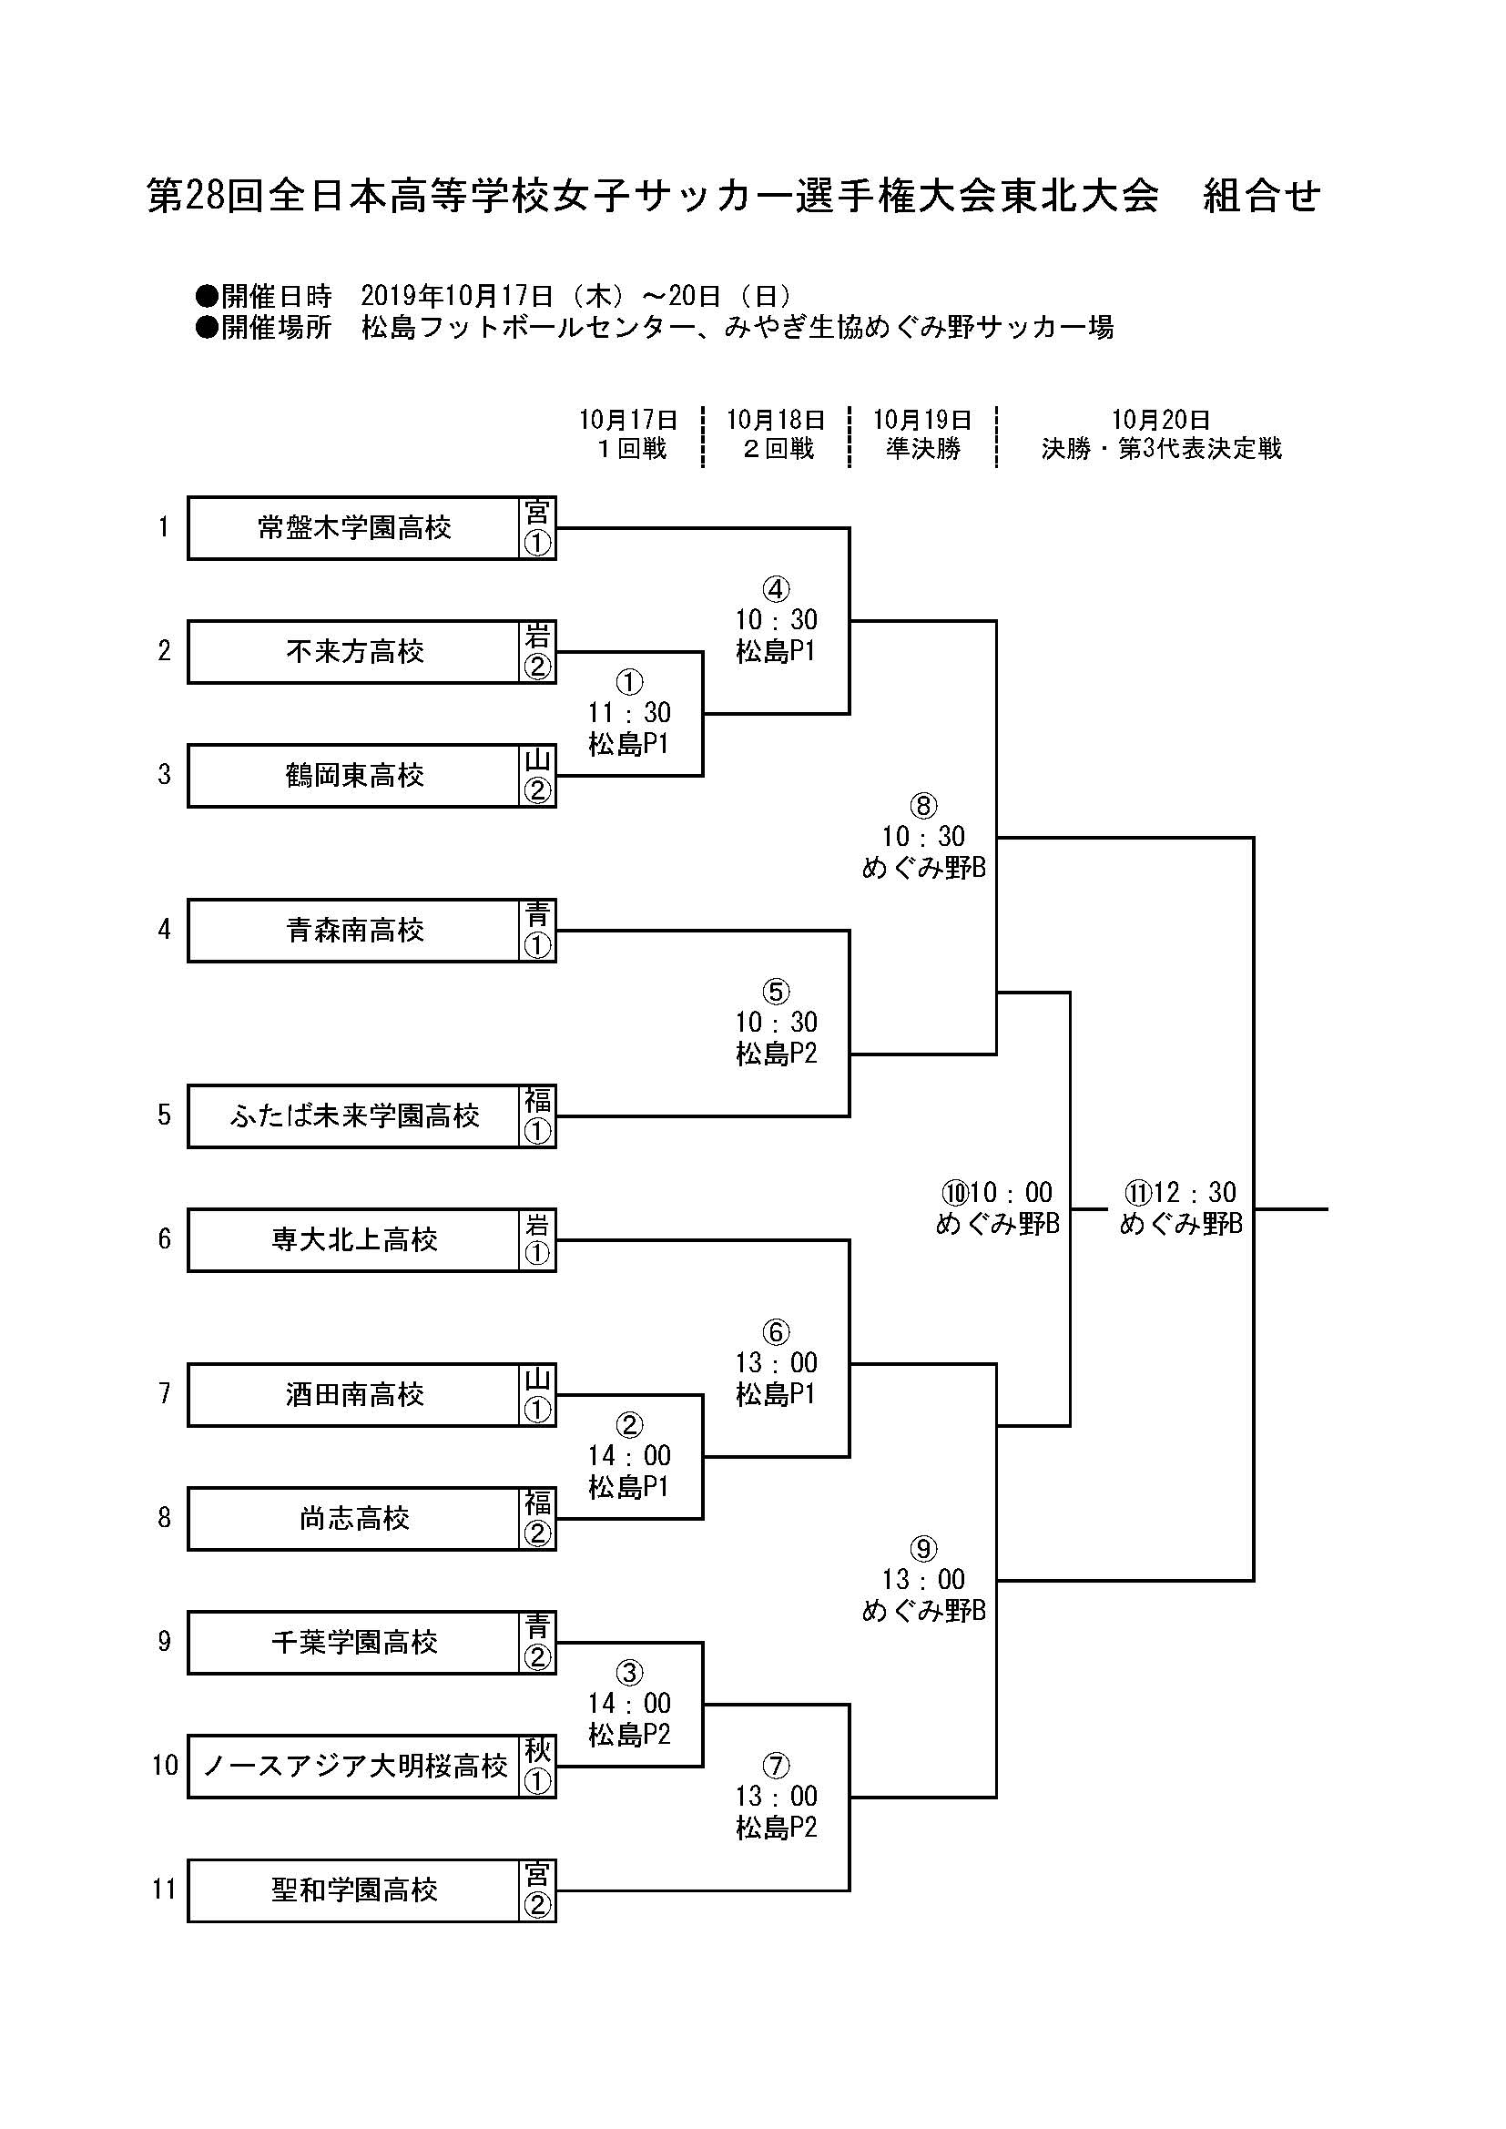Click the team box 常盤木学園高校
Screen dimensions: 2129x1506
(354, 527)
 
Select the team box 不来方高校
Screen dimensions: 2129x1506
(354, 652)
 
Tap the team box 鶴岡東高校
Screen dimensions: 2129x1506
(354, 775)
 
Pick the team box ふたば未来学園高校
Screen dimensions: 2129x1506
(354, 1115)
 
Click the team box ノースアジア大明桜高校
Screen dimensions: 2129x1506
(354, 1766)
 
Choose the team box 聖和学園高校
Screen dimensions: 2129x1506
(354, 1890)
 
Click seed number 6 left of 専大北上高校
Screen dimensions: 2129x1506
(164, 1238)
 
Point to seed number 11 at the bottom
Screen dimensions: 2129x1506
(164, 1890)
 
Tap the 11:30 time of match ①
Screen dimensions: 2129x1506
(629, 713)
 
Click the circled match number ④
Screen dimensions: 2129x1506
(775, 589)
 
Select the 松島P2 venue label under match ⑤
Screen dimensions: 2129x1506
(776, 1054)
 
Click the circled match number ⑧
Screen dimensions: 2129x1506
(922, 806)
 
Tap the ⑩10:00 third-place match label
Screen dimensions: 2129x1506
(997, 1193)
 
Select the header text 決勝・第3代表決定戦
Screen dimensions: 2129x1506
(1161, 449)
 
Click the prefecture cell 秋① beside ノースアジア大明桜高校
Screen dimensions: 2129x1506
(537, 1766)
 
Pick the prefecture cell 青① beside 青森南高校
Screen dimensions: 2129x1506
(537, 930)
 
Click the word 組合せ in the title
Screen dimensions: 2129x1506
(1260, 197)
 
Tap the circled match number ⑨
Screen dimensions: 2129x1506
(922, 1549)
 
